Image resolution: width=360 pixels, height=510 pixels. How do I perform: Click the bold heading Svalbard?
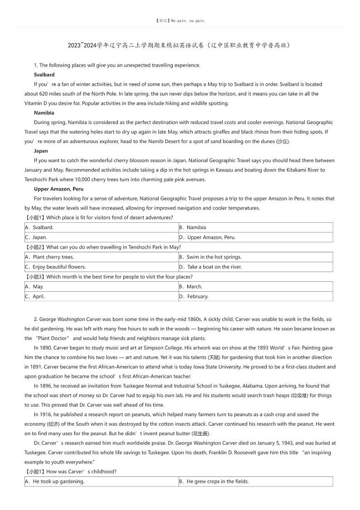click(x=44, y=74)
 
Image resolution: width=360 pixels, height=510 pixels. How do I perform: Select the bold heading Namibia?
click(x=44, y=113)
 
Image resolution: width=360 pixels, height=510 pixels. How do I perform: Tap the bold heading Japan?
click(x=41, y=151)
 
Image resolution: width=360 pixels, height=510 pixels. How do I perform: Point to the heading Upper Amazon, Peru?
click(x=58, y=189)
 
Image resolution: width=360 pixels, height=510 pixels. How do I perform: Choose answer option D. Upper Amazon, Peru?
click(x=207, y=237)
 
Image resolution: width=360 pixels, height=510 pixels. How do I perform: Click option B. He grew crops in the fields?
click(x=214, y=481)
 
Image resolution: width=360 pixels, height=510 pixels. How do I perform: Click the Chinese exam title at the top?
click(x=179, y=45)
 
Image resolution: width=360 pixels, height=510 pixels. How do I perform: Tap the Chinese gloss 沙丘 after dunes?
click(x=282, y=142)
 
